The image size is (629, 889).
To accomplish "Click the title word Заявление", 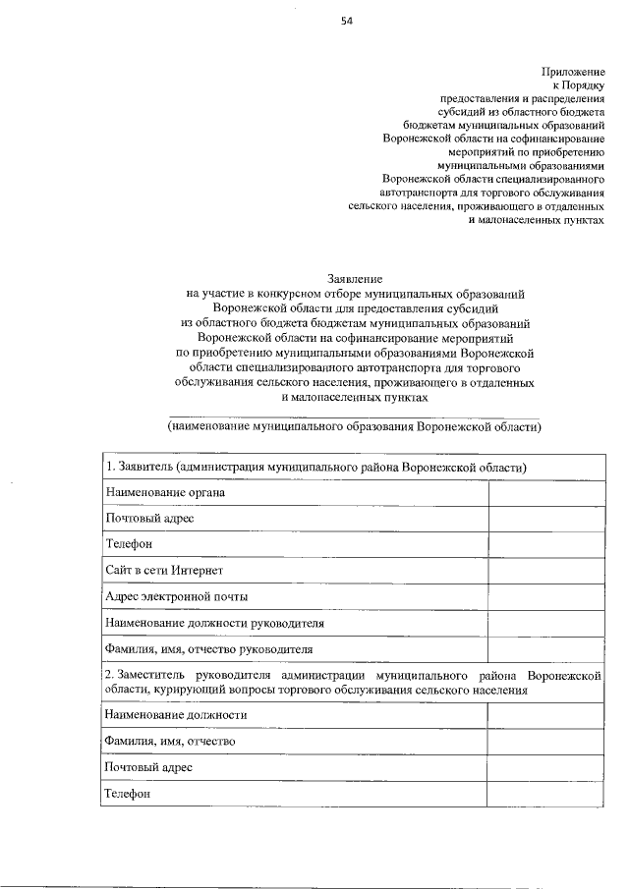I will (355, 280).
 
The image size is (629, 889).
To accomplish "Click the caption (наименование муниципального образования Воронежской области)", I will (355, 428).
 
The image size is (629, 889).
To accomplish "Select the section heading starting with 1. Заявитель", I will (316, 467).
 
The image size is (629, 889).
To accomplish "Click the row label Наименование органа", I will (165, 493).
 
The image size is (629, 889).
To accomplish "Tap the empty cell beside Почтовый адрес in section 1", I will (546, 519).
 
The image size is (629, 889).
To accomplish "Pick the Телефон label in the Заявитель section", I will (129, 544).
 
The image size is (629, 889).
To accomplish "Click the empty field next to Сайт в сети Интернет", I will (546, 571).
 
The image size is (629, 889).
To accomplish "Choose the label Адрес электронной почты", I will (177, 597).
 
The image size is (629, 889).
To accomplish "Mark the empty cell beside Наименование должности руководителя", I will (546, 623).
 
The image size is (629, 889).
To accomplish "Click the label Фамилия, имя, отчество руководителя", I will (209, 649).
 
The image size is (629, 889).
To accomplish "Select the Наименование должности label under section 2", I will (177, 715).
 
